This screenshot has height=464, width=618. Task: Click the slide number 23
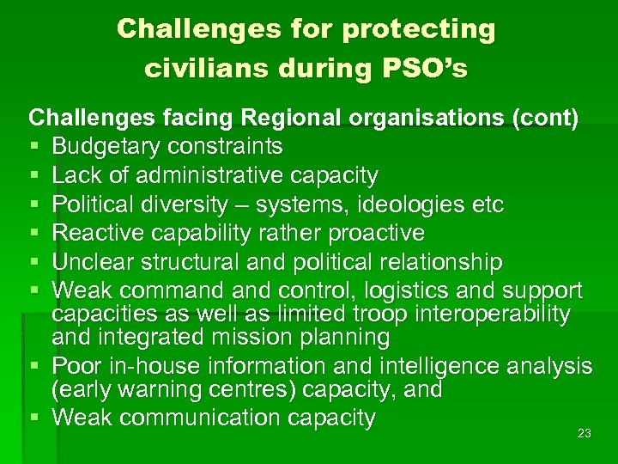coord(585,434)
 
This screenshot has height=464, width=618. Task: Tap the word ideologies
coord(408,205)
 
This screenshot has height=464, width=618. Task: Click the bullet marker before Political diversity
coord(34,205)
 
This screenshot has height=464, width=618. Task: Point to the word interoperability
coord(484,314)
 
